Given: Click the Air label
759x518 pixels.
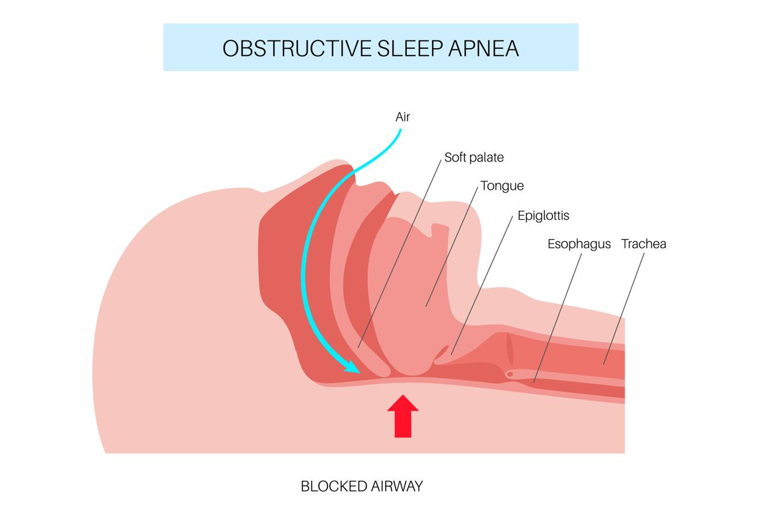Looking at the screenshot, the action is [403, 117].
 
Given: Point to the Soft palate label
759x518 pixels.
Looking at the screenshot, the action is [474, 157].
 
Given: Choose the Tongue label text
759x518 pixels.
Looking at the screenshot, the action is [502, 186].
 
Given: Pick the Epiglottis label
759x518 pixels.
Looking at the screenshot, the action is [543, 215].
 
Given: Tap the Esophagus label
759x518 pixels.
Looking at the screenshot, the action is [579, 244].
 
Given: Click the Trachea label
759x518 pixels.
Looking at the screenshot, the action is [643, 244].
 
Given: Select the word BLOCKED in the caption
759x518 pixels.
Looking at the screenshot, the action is [330, 486].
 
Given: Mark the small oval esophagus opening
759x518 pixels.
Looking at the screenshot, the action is [510, 374].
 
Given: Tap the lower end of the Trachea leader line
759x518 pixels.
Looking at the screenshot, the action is [604, 363].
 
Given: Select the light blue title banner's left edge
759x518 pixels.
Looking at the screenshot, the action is [164, 47].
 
